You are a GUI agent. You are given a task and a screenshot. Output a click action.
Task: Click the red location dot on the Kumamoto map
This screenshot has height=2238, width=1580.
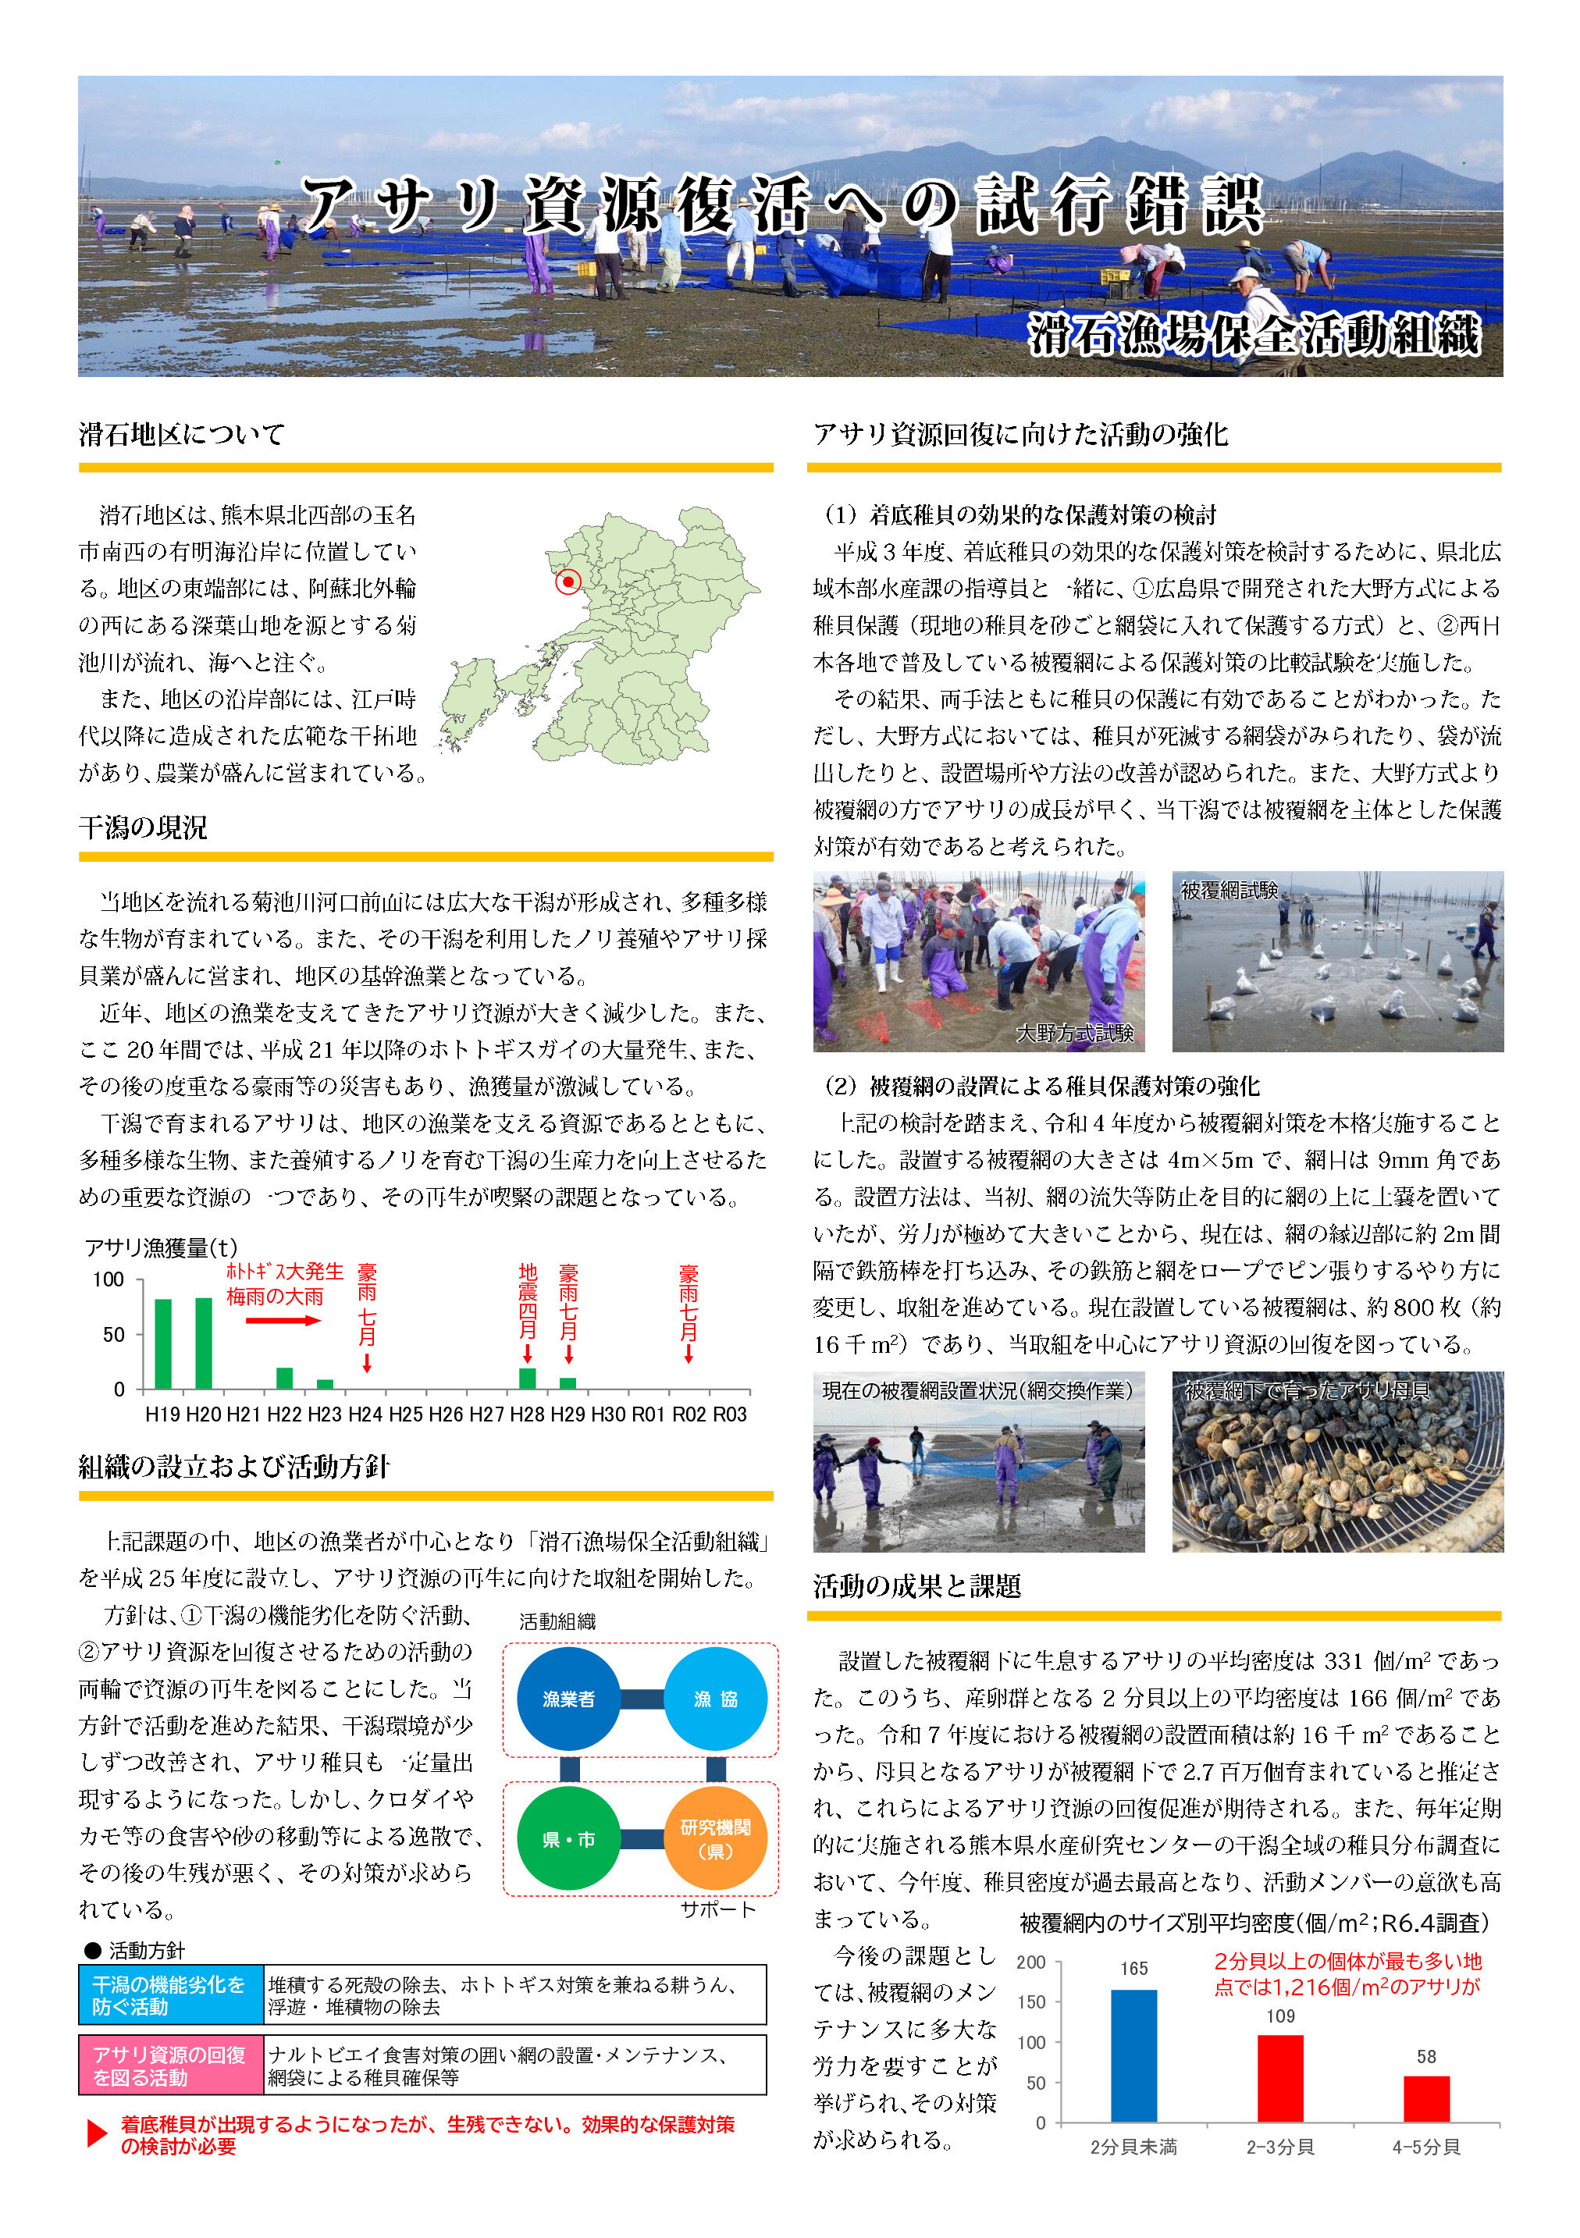click(x=568, y=582)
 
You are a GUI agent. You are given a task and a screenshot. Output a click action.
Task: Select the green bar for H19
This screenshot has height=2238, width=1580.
click(x=163, y=1343)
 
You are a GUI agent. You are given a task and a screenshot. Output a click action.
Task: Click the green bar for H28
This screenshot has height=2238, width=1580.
click(x=527, y=1379)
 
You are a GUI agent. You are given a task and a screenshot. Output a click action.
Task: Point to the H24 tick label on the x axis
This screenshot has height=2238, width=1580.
click(x=365, y=1414)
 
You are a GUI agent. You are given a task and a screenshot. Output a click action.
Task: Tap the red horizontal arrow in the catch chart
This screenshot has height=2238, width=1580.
click(x=283, y=1321)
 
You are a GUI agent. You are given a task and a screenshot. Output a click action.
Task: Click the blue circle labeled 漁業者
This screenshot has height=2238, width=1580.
click(x=568, y=1699)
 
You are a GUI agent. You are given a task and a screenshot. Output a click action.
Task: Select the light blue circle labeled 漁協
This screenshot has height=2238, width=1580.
click(x=715, y=1699)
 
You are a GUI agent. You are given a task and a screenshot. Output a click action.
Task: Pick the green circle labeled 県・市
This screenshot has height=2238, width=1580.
click(x=568, y=1839)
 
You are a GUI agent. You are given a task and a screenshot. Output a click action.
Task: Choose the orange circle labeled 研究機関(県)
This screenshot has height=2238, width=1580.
click(x=715, y=1839)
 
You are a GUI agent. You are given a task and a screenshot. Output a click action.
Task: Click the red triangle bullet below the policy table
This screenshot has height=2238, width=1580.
click(x=97, y=2133)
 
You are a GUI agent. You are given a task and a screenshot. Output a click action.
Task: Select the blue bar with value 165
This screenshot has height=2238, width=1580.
click(x=1133, y=2055)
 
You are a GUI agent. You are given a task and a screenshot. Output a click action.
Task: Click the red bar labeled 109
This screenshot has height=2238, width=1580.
click(x=1279, y=2078)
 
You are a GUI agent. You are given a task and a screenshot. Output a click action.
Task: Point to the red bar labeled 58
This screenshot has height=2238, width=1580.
click(x=1426, y=2098)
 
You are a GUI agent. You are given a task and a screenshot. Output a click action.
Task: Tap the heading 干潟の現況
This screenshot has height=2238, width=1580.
click(x=144, y=827)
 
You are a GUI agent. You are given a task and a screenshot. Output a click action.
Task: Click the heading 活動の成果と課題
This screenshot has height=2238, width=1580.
click(x=917, y=1587)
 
